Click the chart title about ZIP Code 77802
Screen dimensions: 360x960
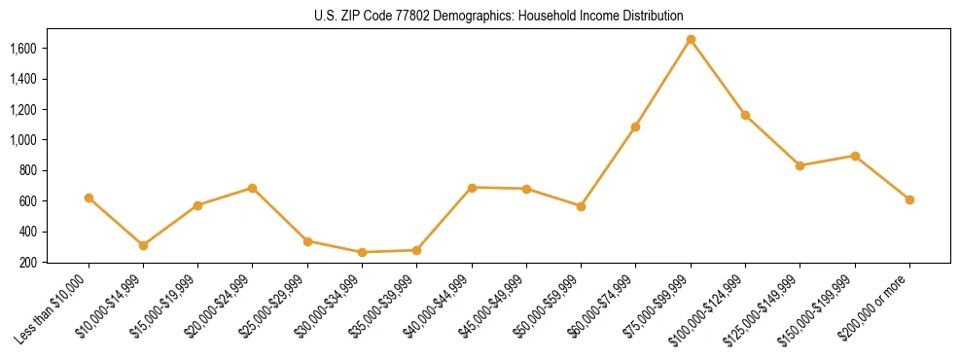(499, 17)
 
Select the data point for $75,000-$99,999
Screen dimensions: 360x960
(691, 40)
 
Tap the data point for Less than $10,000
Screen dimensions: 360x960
(89, 198)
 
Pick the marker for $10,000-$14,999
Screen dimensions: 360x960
(143, 245)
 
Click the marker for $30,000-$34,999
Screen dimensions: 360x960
(362, 252)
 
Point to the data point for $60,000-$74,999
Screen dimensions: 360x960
(635, 126)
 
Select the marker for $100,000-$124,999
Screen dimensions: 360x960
(745, 115)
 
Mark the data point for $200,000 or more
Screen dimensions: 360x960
(909, 199)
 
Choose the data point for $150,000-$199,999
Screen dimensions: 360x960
(855, 156)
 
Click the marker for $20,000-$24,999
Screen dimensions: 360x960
(253, 188)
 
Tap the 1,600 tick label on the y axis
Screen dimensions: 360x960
(22, 49)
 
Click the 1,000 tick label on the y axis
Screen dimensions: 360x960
(22, 140)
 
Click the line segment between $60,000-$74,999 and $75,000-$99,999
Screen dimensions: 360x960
(663, 83)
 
